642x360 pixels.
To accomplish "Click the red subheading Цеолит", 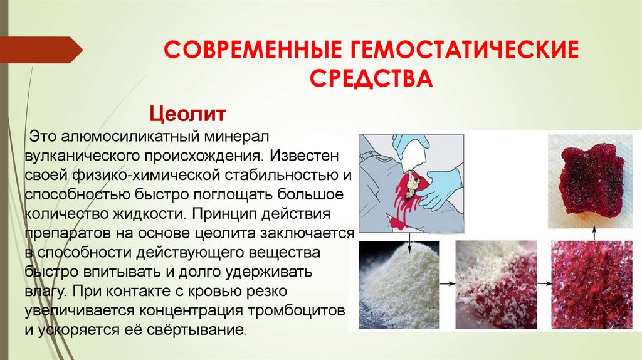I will (186, 115).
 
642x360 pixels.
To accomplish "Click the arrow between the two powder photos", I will (447, 283).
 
